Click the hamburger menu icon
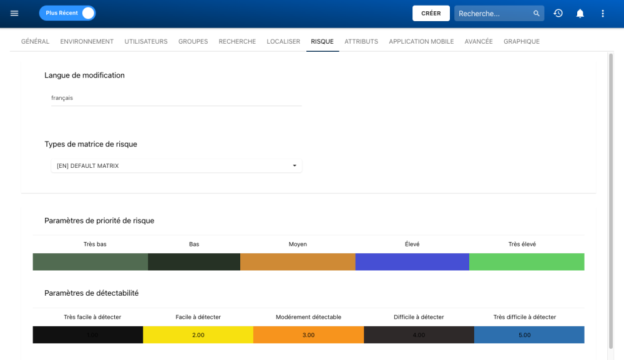(14, 13)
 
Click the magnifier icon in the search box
(536, 13)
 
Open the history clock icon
(558, 13)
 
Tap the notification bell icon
(580, 13)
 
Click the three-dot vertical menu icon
(602, 13)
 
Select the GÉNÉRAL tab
(35, 42)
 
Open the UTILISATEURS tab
(146, 42)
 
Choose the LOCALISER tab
(283, 42)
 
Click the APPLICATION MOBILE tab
(421, 42)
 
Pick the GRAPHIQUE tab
(521, 42)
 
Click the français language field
(176, 98)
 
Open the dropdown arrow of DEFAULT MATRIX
(295, 166)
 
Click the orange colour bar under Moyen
(298, 262)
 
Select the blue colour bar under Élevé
(412, 262)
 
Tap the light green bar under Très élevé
(526, 262)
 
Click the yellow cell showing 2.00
(198, 335)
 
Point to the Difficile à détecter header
(419, 317)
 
